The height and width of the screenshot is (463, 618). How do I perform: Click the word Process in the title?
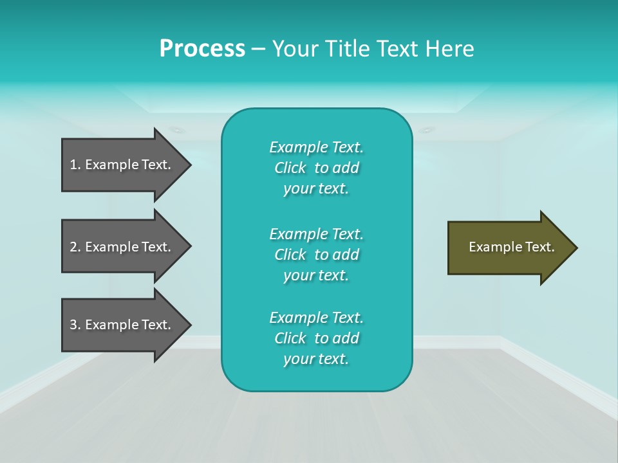pyautogui.click(x=202, y=49)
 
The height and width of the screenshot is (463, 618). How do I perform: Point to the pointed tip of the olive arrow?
pyautogui.click(x=575, y=248)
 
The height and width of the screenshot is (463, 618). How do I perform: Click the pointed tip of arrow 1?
pyautogui.click(x=189, y=165)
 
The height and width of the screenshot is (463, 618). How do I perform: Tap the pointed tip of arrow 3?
pyautogui.click(x=189, y=325)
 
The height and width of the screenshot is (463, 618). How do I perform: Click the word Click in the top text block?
pyautogui.click(x=290, y=168)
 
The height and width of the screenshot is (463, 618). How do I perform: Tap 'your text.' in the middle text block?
pyautogui.click(x=316, y=275)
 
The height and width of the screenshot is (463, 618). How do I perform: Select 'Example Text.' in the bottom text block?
pyautogui.click(x=316, y=318)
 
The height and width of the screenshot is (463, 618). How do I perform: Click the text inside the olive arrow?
pyautogui.click(x=511, y=247)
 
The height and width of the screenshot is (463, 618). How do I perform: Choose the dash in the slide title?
pyautogui.click(x=258, y=49)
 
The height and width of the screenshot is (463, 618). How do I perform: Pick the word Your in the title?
pyautogui.click(x=294, y=49)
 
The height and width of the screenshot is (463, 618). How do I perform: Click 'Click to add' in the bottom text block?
pyautogui.click(x=316, y=338)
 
